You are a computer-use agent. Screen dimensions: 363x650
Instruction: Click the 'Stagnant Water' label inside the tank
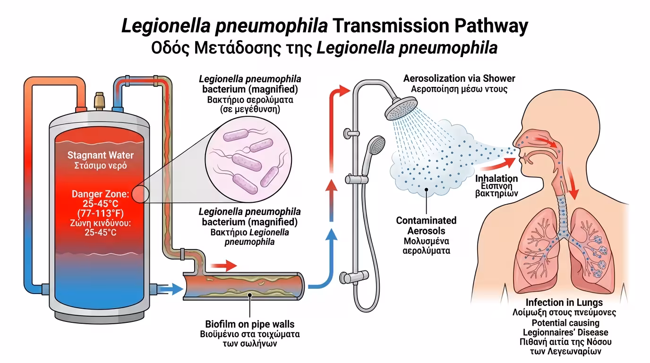click(x=100, y=155)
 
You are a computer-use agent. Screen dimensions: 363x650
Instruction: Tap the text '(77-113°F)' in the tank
click(x=100, y=212)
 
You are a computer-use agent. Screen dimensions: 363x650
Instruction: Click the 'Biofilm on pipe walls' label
click(x=249, y=324)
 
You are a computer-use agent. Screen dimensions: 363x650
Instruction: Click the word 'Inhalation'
click(x=496, y=179)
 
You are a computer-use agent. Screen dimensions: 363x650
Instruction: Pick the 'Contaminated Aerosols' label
click(x=426, y=225)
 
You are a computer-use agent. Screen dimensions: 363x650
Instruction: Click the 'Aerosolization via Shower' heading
click(x=459, y=78)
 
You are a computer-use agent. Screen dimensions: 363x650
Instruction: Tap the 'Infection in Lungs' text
click(x=564, y=302)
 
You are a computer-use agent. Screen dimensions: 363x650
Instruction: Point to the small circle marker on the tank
click(x=140, y=194)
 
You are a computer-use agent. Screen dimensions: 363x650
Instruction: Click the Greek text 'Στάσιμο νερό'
click(x=100, y=166)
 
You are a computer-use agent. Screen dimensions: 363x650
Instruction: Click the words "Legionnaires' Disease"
click(x=565, y=332)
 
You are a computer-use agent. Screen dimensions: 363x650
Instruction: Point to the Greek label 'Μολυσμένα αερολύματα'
click(x=426, y=246)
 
